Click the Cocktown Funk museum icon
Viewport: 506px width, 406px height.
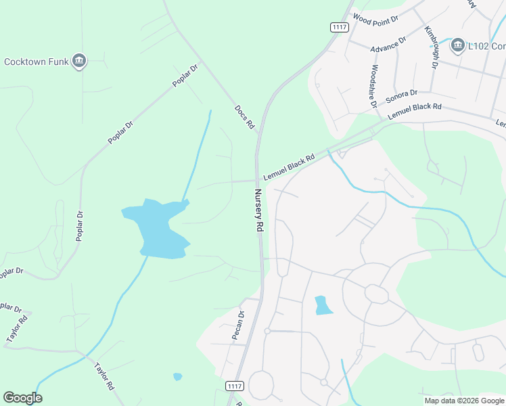pyautogui.click(x=80, y=62)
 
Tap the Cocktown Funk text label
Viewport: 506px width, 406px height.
pyautogui.click(x=37, y=62)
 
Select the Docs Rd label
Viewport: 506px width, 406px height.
pyautogui.click(x=244, y=117)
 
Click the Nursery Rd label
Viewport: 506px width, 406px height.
pyautogui.click(x=258, y=210)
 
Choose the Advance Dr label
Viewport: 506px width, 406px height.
pyautogui.click(x=388, y=44)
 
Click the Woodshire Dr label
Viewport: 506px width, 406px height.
pyautogui.click(x=373, y=86)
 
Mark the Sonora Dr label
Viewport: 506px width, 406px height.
pyautogui.click(x=402, y=97)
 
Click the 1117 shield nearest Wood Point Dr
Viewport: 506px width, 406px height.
pyautogui.click(x=340, y=27)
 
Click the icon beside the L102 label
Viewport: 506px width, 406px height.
pyautogui.click(x=457, y=45)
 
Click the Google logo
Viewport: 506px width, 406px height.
pyautogui.click(x=22, y=398)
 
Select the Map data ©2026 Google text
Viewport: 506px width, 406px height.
pyautogui.click(x=463, y=401)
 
